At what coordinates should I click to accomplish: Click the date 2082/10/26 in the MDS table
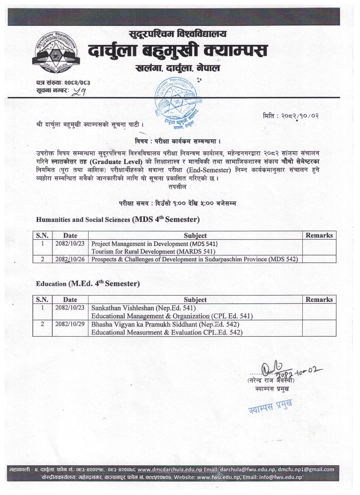pyautogui.click(x=70, y=259)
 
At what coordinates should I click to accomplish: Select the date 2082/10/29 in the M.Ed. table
pyautogui.click(x=70, y=324)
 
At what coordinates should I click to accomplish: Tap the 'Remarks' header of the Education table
pyautogui.click(x=319, y=299)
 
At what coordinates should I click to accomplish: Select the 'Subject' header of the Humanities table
pyautogui.click(x=195, y=235)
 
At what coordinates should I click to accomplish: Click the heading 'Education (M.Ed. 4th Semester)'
pyautogui.click(x=88, y=283)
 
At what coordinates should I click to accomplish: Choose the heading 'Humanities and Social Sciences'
pyautogui.click(x=83, y=220)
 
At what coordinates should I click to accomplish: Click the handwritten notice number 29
pyautogui.click(x=79, y=90)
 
